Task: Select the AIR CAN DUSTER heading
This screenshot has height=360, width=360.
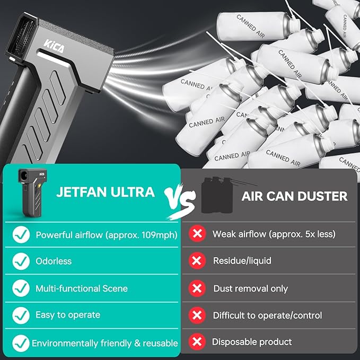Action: coord(294,196)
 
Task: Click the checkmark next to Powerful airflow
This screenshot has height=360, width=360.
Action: coord(21,234)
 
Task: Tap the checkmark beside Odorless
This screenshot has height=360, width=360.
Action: coord(21,261)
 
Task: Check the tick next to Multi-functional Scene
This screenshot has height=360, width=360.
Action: coord(21,288)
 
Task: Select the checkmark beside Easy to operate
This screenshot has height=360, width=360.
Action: coord(21,314)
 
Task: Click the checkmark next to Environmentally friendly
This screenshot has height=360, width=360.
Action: coord(21,343)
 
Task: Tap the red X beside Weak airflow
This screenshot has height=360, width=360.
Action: coord(197,234)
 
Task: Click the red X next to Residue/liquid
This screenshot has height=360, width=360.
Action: coord(197,261)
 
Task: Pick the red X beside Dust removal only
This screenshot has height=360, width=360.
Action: coord(197,288)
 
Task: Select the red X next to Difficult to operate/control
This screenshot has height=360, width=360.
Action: coord(197,315)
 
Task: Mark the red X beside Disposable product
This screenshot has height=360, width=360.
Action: coord(197,342)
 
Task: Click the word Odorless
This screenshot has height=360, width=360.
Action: coord(53,261)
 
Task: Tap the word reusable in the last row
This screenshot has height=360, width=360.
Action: coord(161,343)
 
